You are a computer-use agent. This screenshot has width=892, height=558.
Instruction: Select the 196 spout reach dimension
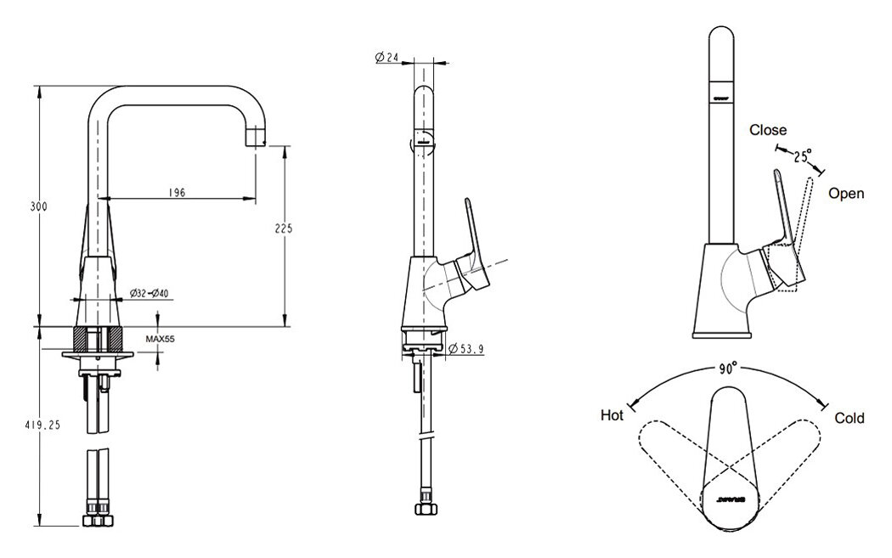tap(177, 193)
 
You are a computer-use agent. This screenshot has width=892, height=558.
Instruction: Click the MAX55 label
tap(160, 338)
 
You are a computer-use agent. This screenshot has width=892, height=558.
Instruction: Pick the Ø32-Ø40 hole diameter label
tap(150, 294)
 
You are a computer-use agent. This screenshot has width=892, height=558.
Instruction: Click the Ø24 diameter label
tap(387, 59)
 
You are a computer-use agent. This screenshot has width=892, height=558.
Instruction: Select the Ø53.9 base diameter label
tap(465, 347)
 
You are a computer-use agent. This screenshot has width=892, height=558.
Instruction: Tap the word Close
tap(767, 131)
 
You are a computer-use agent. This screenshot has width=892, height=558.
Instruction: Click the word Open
tap(846, 194)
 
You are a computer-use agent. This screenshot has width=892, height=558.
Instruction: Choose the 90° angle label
tap(726, 370)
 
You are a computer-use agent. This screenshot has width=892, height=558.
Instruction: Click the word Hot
tap(613, 415)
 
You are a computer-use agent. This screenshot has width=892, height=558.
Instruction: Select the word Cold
tap(849, 418)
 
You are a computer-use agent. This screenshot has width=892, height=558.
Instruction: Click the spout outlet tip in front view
tap(257, 138)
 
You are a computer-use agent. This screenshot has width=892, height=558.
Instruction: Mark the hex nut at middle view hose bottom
tap(421, 510)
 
